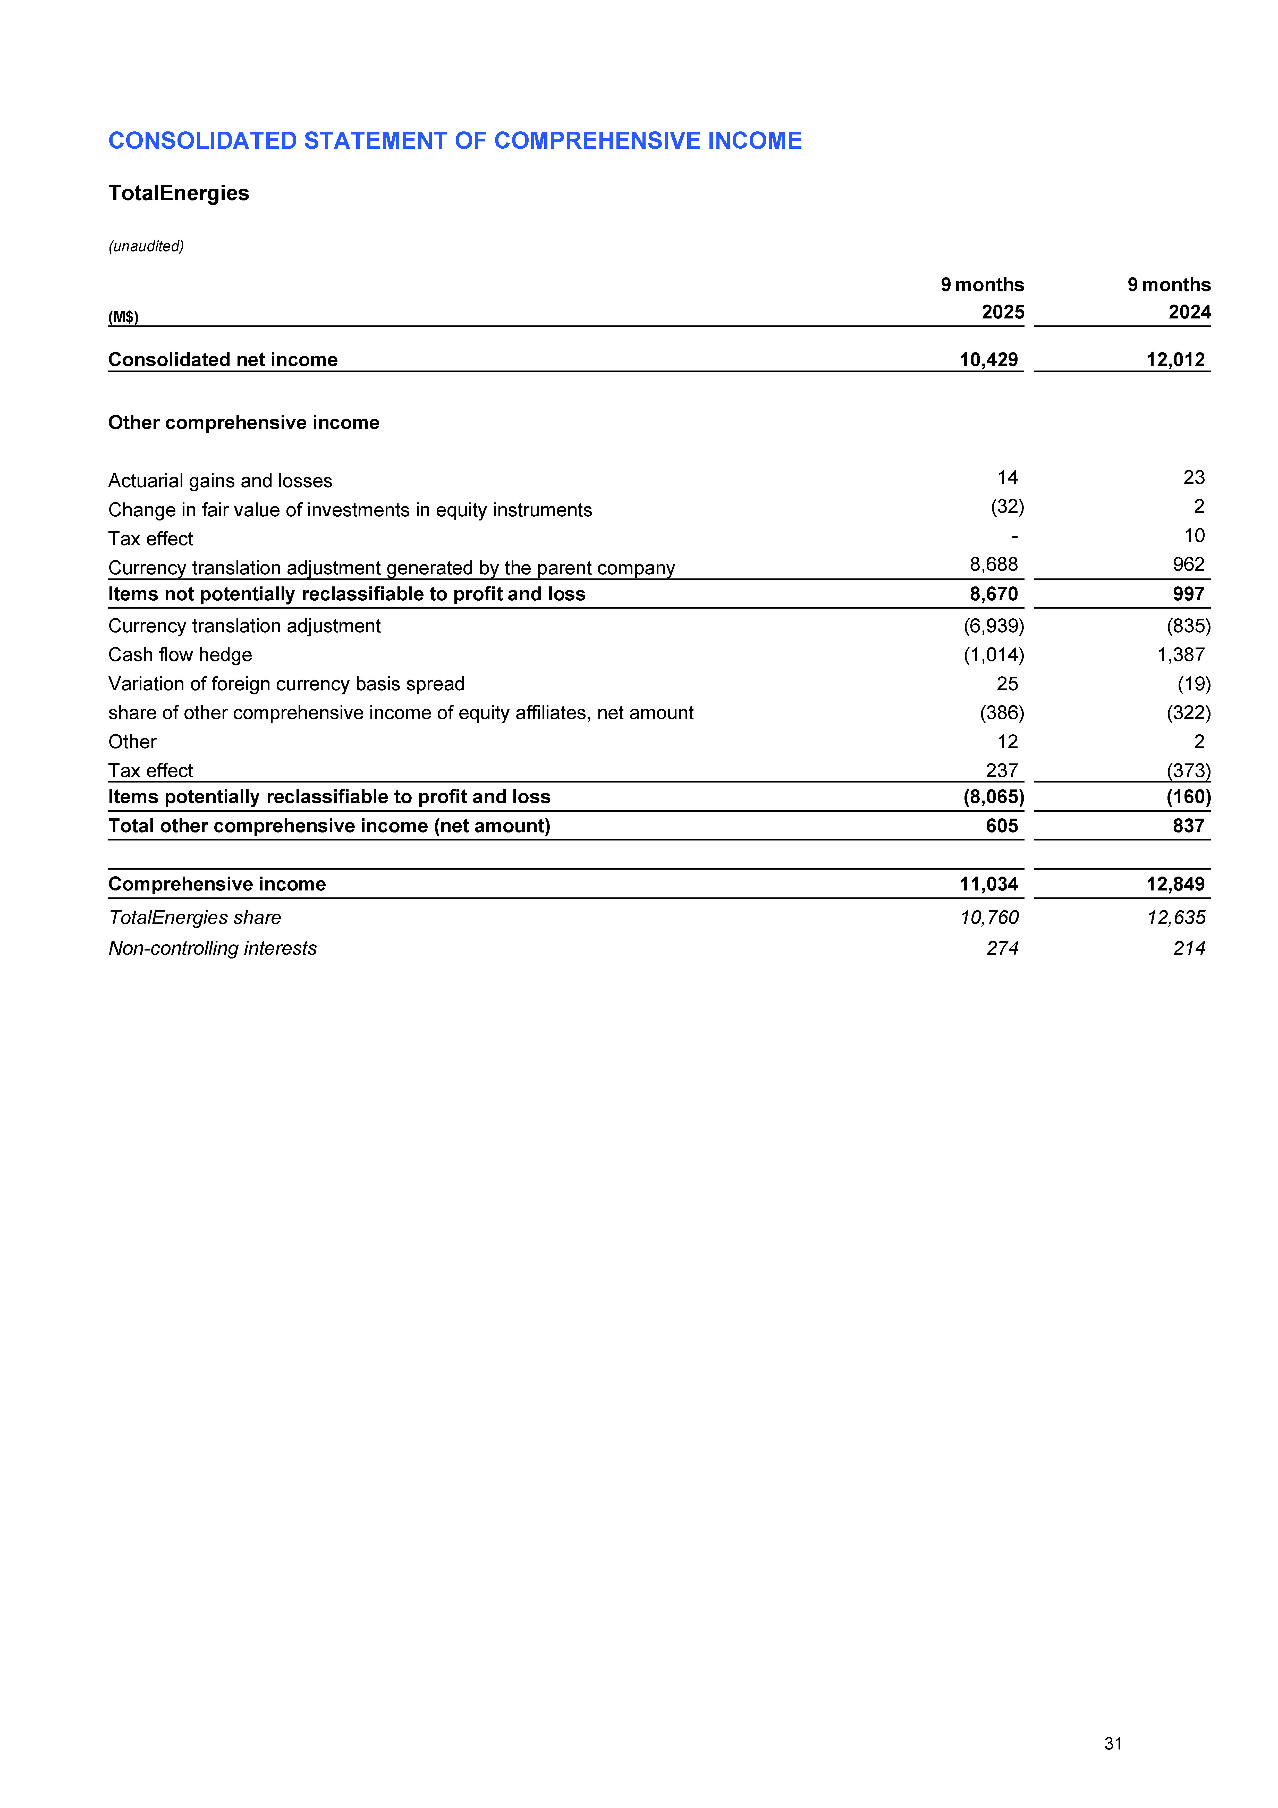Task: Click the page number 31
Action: point(1113,1743)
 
